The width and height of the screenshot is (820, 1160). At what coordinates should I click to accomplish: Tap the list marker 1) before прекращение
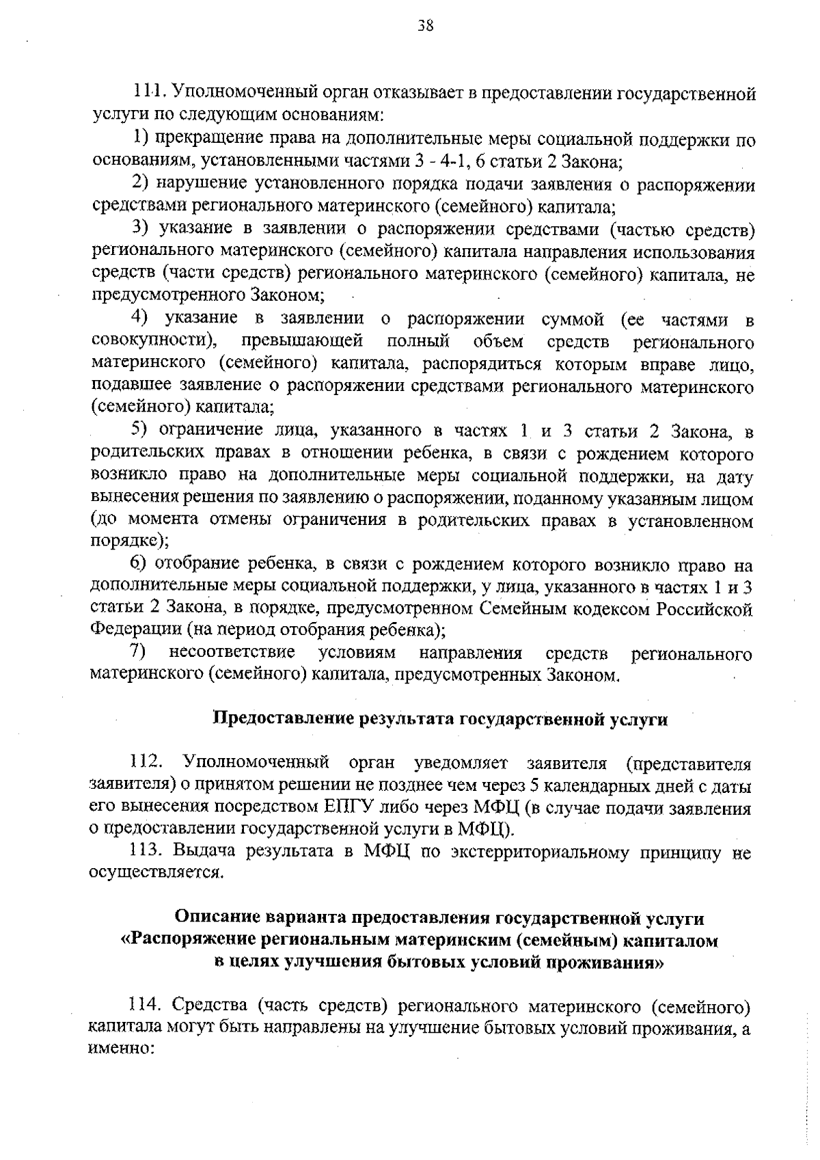(141, 139)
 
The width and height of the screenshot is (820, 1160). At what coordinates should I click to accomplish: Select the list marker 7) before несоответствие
(140, 652)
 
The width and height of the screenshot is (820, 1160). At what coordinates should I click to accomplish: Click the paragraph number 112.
(146, 761)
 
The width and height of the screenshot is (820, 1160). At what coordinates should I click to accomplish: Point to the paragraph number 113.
(146, 851)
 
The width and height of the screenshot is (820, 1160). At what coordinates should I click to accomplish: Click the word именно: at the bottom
(120, 1049)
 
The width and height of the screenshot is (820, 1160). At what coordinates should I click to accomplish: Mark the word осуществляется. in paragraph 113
(156, 873)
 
